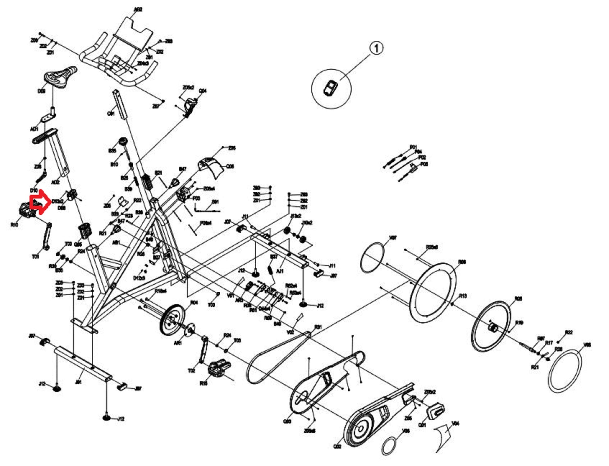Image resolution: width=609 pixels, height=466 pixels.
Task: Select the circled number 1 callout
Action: coord(376,48)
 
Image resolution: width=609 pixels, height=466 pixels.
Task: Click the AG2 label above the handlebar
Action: coord(138,10)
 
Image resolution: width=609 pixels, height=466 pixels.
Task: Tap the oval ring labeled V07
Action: coord(373,258)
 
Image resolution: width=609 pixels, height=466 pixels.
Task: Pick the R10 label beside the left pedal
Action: coord(14,225)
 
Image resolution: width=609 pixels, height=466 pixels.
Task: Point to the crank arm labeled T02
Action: coord(204,349)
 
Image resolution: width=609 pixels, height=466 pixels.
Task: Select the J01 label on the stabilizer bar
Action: coord(78,382)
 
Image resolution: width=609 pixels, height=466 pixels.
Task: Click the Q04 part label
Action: coord(203,91)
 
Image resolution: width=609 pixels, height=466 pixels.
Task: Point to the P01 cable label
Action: coord(413,147)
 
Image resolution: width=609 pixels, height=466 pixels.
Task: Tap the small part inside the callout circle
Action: coord(330,88)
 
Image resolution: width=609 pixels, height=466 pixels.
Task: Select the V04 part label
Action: coord(455,423)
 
